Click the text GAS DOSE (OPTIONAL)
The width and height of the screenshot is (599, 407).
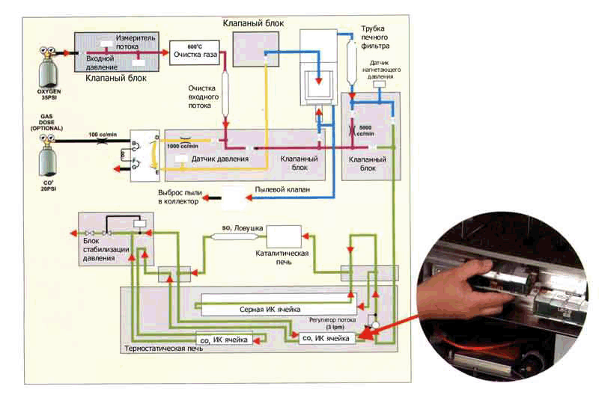[x=49, y=123]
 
